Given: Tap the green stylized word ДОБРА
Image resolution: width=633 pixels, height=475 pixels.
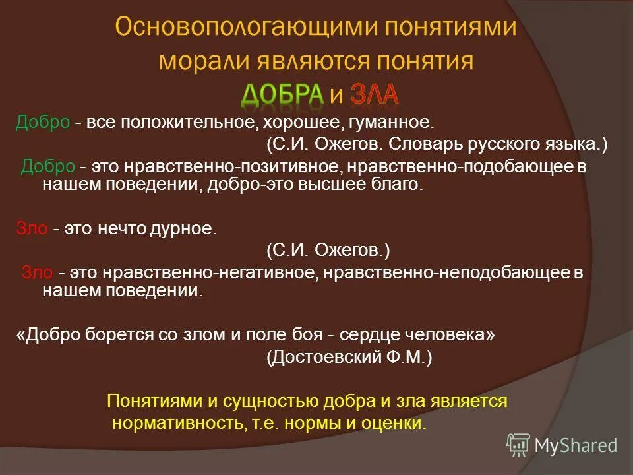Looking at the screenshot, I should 282,94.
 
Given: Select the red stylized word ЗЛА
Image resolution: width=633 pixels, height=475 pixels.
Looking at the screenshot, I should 374,94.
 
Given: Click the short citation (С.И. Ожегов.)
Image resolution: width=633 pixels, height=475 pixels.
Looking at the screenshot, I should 328,249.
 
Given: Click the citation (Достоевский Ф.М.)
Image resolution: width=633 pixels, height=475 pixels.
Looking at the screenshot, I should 349,357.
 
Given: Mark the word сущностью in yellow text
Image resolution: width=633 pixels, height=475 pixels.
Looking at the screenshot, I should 258,401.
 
